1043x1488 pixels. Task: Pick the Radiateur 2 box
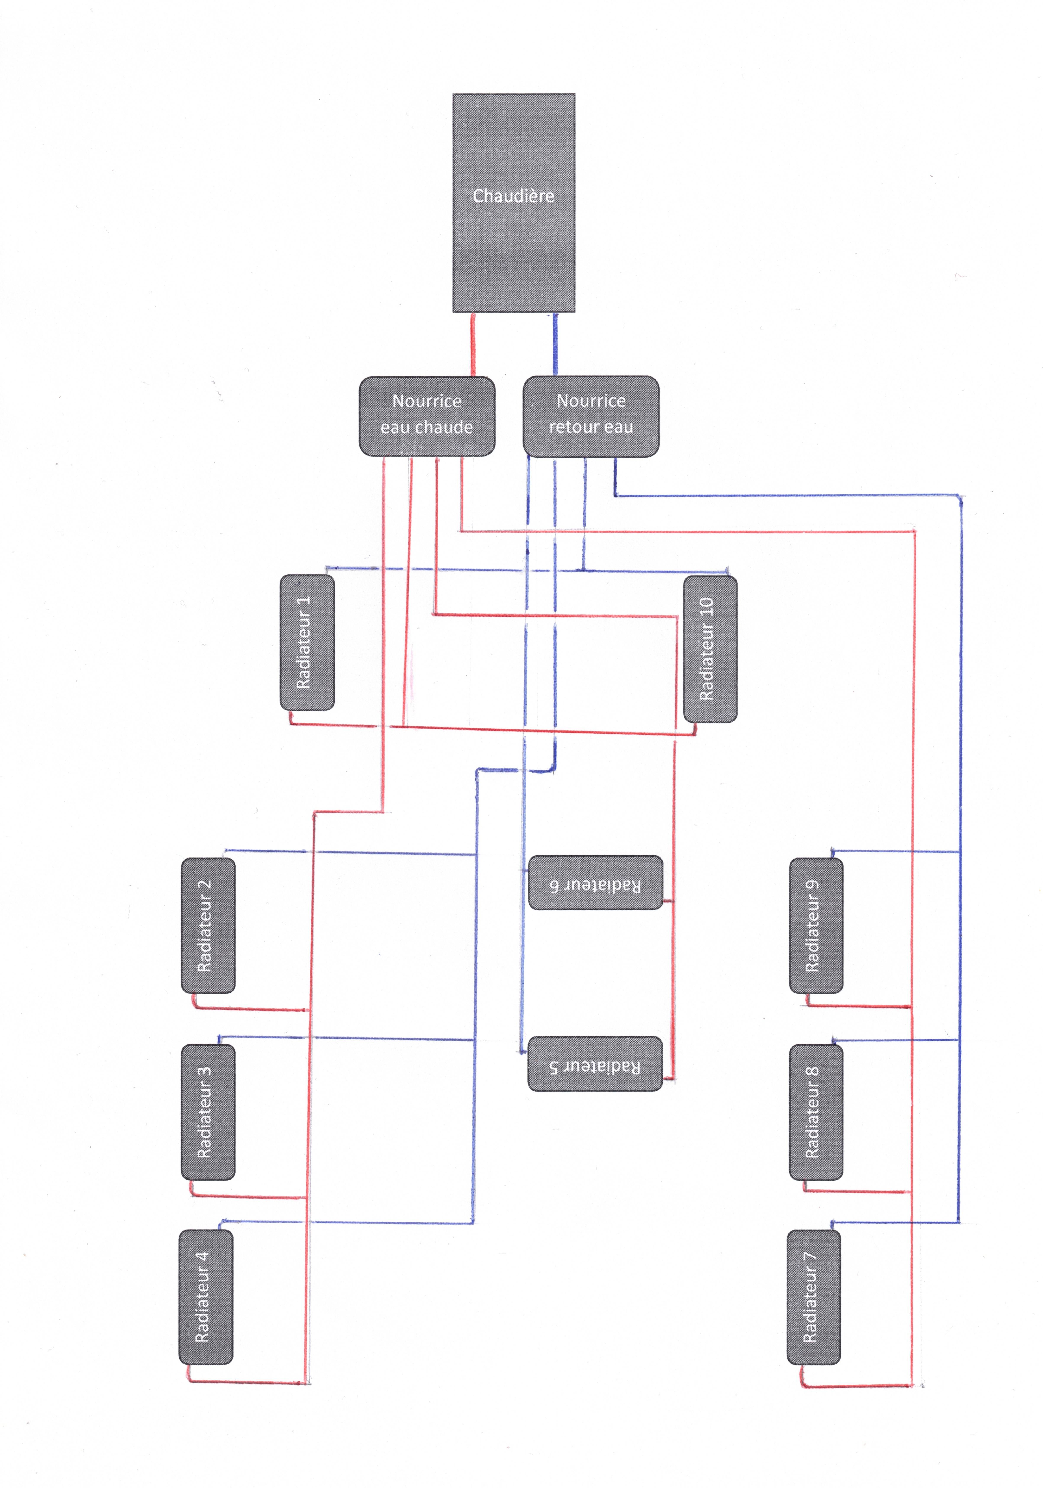point(208,925)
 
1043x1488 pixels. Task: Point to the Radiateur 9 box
point(816,925)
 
